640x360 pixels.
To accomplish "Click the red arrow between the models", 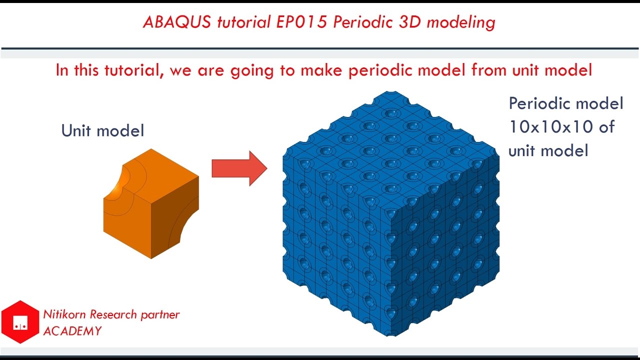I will (x=239, y=168).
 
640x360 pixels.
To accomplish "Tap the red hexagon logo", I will (x=20, y=321).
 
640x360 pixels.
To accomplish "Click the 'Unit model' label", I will (x=102, y=131).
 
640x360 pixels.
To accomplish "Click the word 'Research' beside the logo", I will (x=113, y=314).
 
